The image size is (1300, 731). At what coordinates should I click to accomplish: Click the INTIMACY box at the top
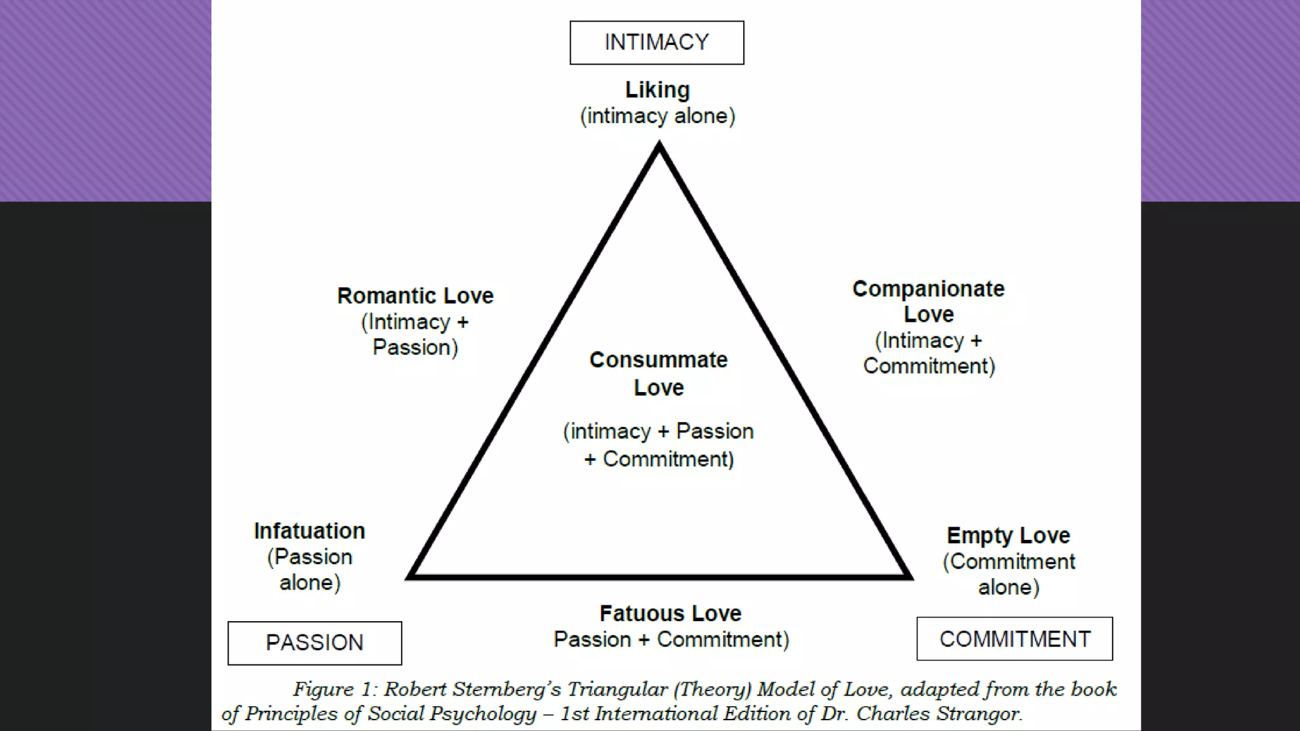pos(656,43)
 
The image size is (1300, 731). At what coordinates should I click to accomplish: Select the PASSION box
pos(314,643)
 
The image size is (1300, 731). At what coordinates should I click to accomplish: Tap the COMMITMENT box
pos(1014,639)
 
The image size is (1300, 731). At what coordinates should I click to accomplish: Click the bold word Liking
pos(657,90)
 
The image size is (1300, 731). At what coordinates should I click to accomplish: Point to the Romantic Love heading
pos(415,296)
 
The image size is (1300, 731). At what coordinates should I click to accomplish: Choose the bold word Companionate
pos(928,289)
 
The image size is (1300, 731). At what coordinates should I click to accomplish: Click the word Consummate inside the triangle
pos(658,360)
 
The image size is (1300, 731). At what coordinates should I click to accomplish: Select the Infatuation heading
pos(310,531)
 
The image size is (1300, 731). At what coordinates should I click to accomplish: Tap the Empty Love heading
pos(1008,536)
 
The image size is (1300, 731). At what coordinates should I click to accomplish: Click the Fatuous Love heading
pos(670,614)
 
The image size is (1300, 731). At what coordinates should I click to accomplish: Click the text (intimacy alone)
pos(658,116)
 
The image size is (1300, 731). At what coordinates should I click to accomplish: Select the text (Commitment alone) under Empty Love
pos(1009,574)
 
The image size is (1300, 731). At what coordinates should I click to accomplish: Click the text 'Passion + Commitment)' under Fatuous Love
pos(671,640)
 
